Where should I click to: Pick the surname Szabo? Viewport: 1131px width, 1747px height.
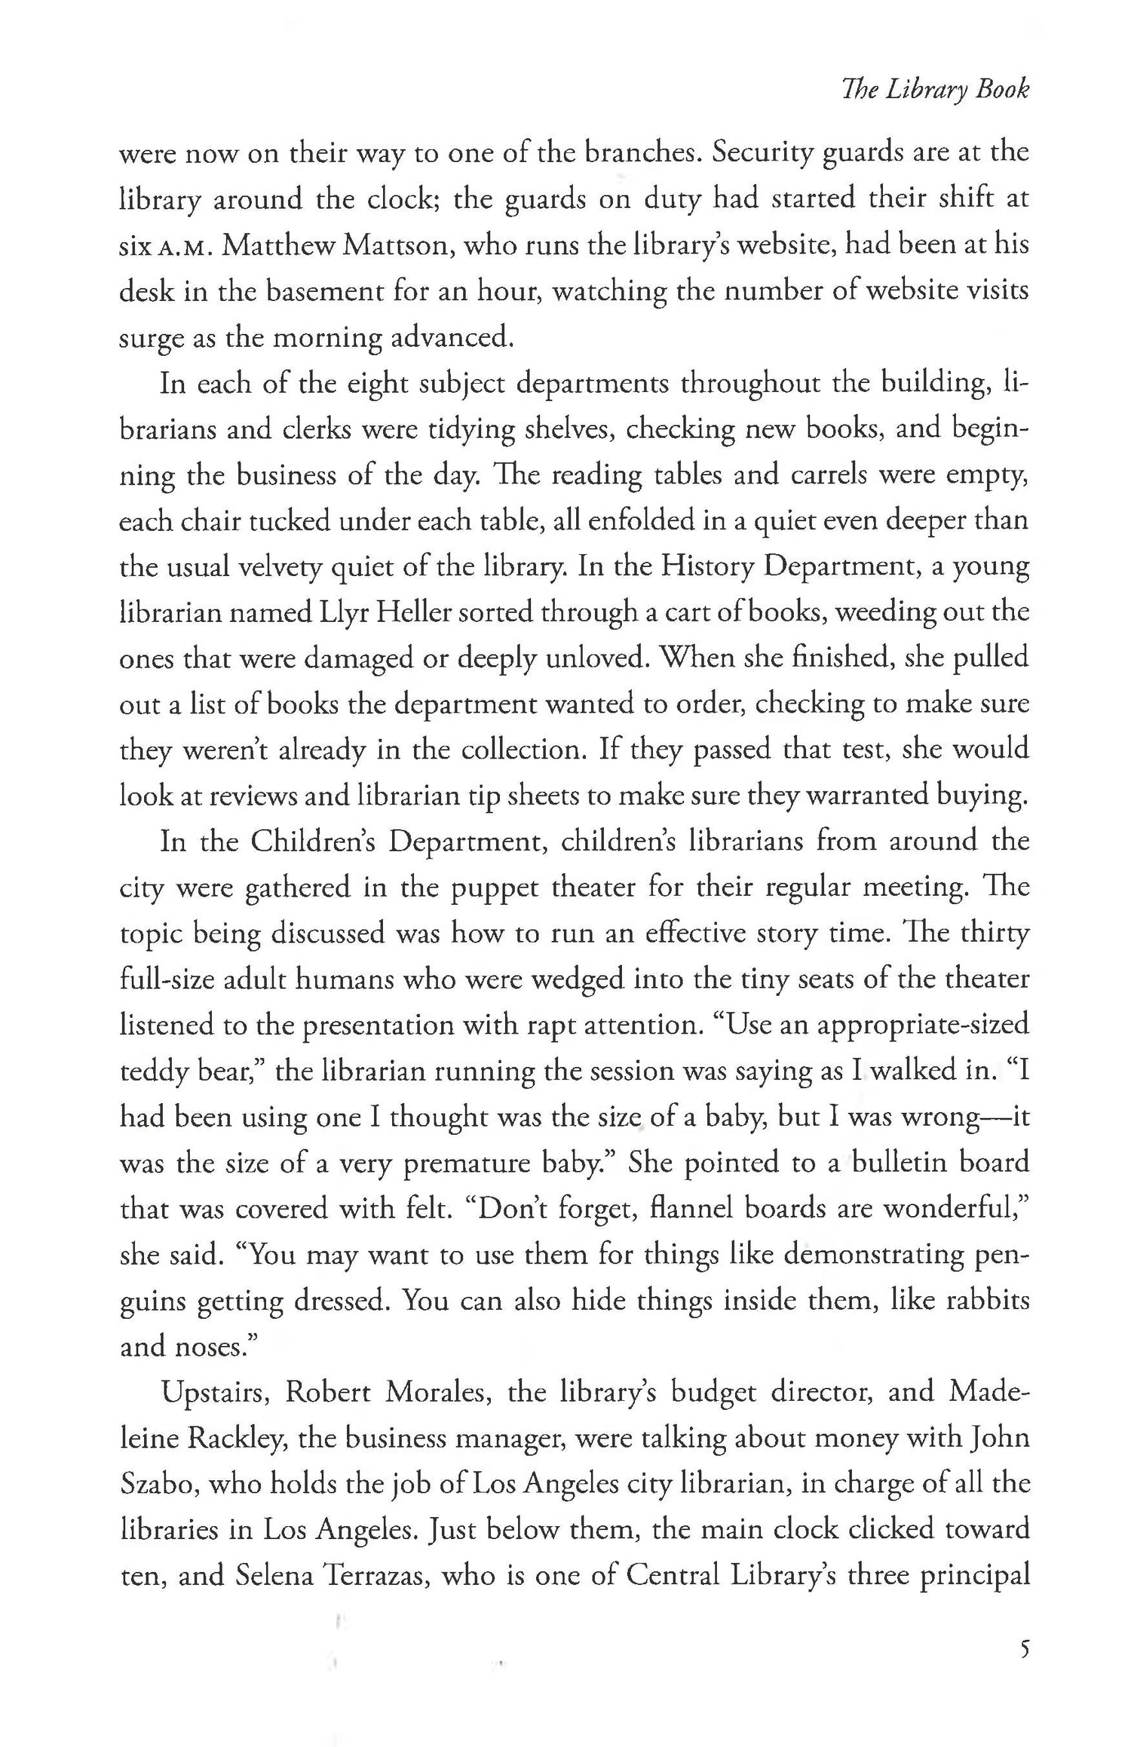pyautogui.click(x=157, y=1485)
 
